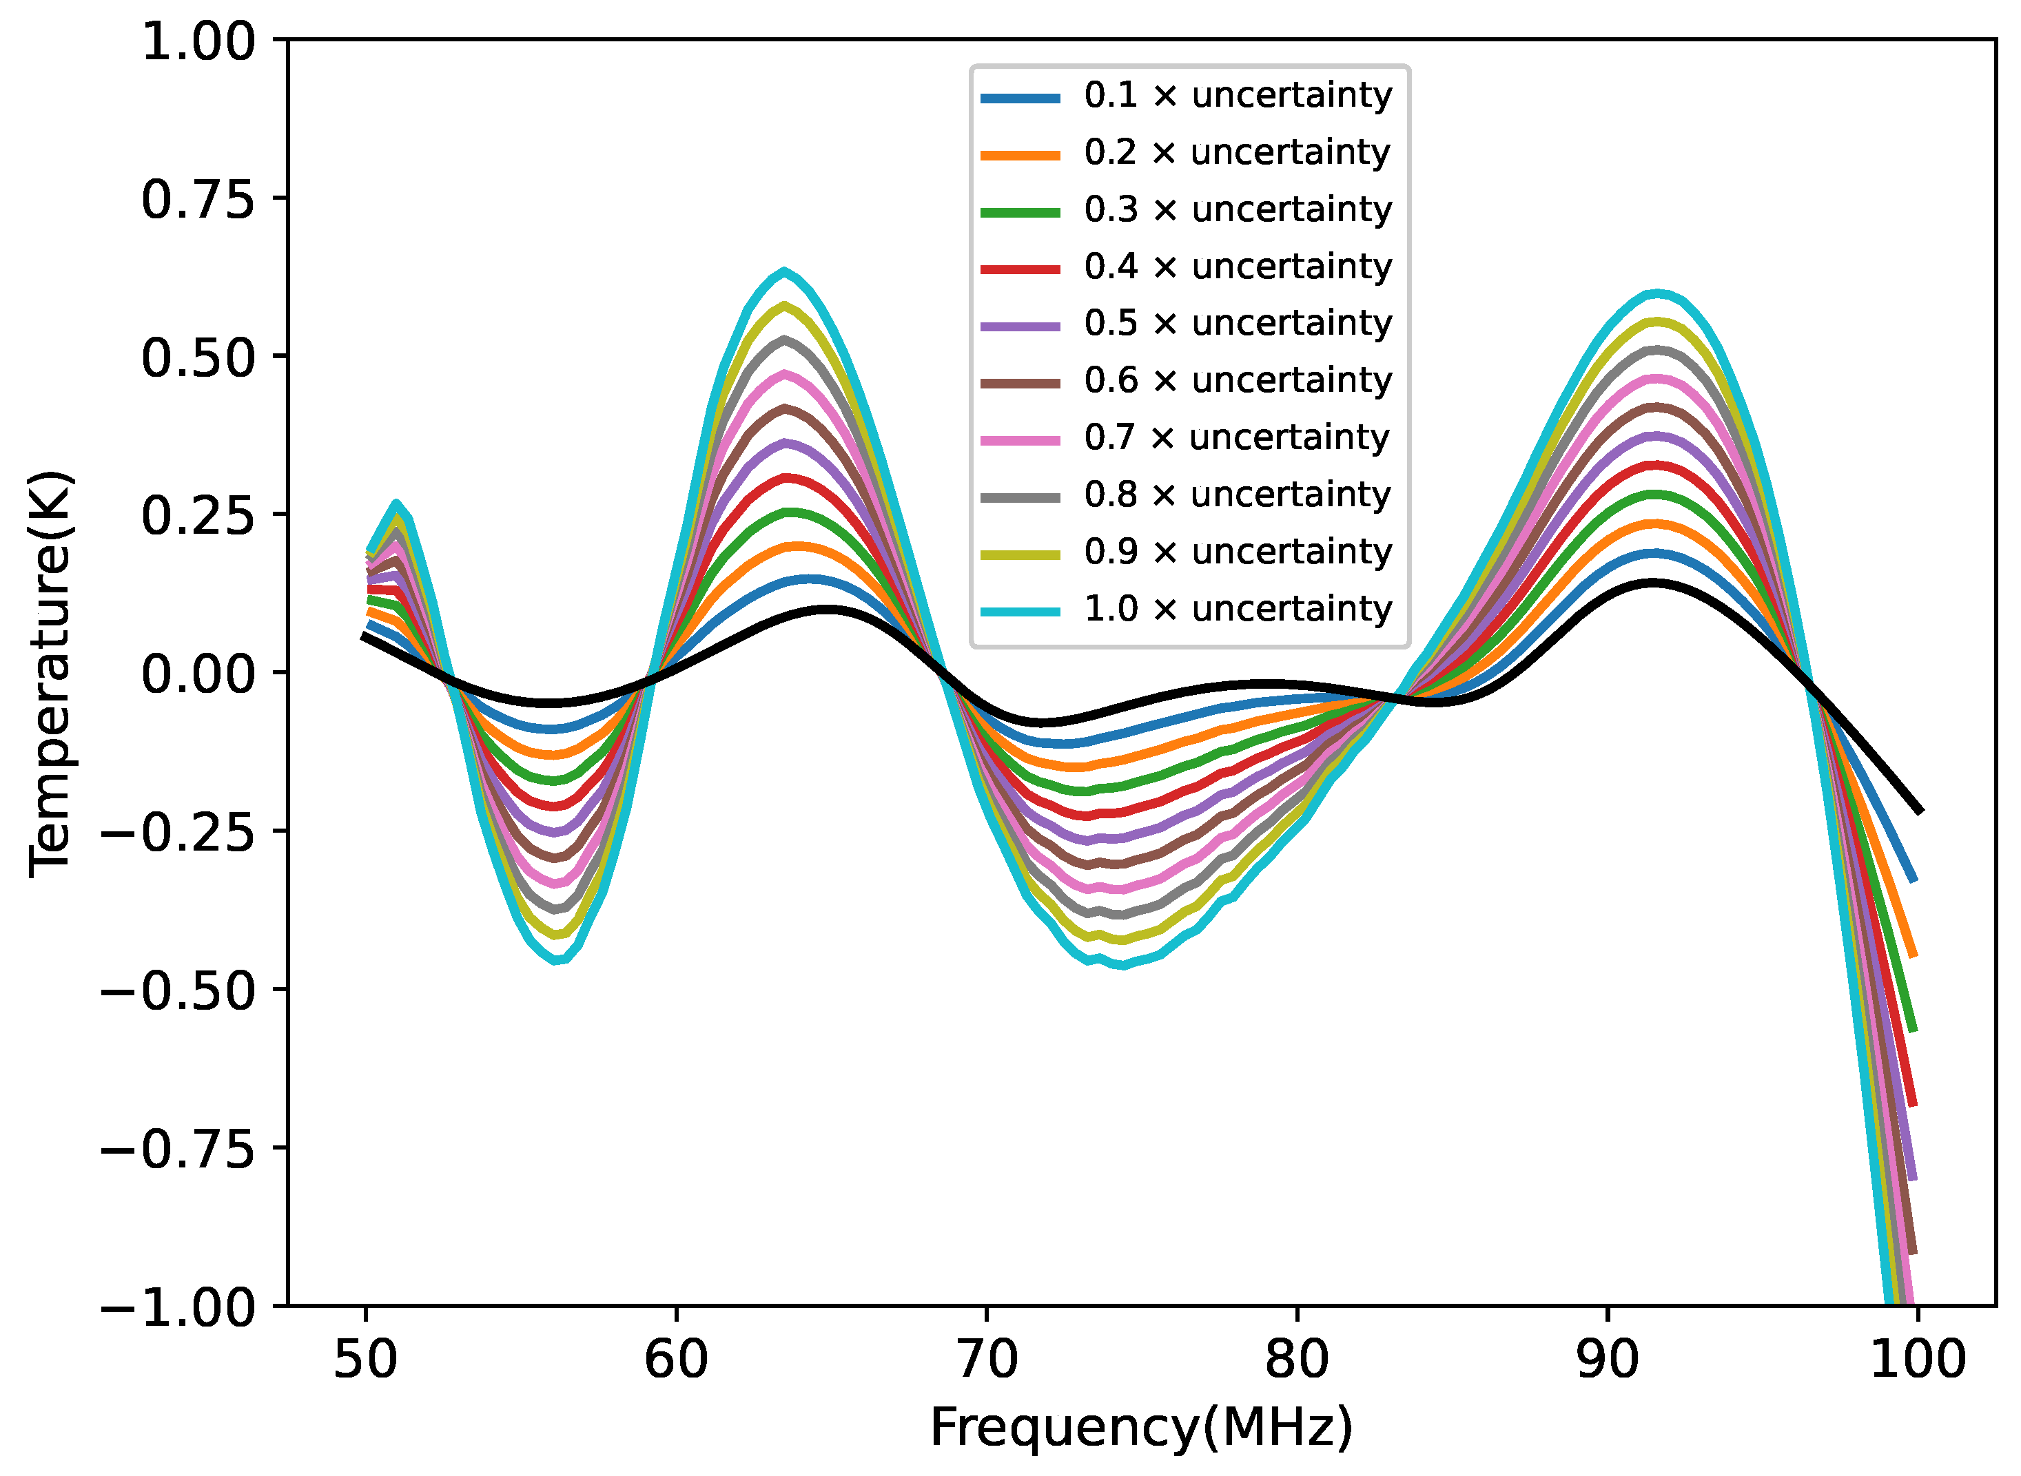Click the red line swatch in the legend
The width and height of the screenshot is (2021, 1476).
click(x=1020, y=267)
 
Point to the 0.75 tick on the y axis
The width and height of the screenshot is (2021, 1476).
click(x=198, y=198)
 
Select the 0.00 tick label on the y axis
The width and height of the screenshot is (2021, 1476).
click(x=198, y=674)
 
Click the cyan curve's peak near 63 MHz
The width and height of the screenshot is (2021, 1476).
click(x=785, y=271)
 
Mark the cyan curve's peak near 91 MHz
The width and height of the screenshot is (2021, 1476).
click(x=1656, y=293)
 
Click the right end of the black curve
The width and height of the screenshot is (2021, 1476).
click(x=1919, y=811)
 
